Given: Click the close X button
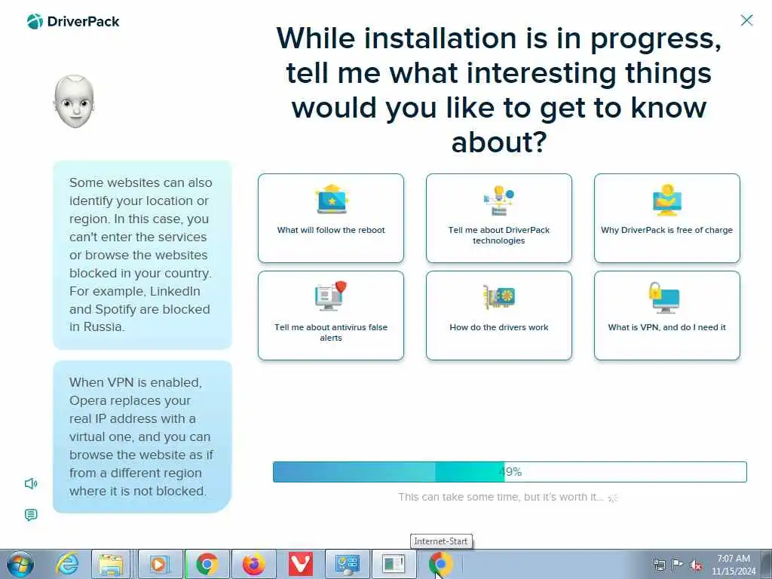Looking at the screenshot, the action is (746, 20).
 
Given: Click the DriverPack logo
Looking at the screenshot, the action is (73, 22).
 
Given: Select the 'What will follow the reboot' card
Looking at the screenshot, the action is (331, 218).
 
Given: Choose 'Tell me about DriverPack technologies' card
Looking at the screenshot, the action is (499, 218).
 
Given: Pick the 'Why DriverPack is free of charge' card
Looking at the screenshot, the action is (667, 218).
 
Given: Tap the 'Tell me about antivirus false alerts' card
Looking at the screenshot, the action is (331, 316).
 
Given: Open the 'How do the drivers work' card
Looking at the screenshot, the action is (499, 316).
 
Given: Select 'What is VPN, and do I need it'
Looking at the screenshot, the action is (667, 316).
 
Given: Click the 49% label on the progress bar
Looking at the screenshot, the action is (510, 472).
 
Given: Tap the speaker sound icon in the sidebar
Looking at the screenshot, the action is (31, 483).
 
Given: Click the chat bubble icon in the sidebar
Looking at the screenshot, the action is (31, 515).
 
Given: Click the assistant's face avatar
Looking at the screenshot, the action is (74, 102).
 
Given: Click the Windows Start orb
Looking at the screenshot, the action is (20, 564).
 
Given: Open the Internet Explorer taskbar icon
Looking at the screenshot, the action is (67, 564).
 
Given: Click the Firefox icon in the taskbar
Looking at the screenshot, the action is (254, 564).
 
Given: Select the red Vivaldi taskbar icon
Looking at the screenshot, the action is (300, 564).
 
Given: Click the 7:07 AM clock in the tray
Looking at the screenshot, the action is (733, 559).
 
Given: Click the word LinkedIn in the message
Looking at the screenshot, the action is (175, 291).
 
